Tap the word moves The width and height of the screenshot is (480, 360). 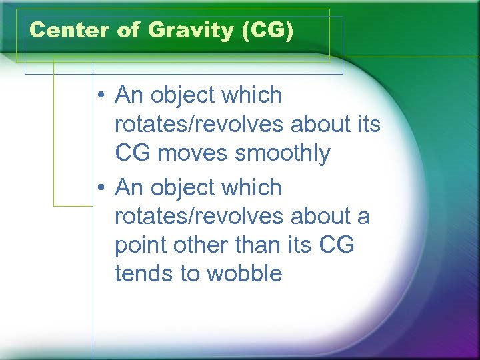coord(193,153)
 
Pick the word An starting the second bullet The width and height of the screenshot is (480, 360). coord(129,189)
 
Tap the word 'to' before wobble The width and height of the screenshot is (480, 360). coord(187,273)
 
